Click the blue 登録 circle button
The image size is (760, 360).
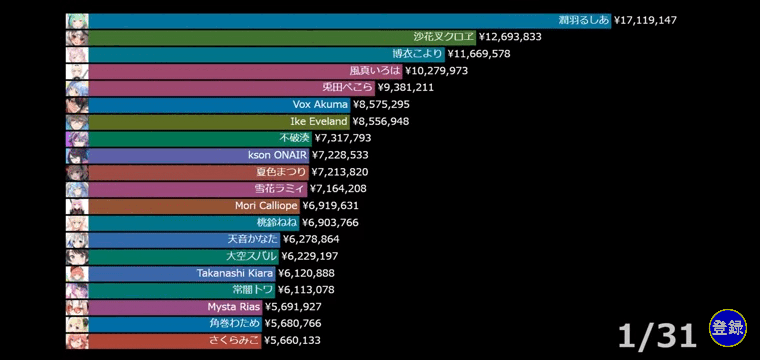tap(728, 328)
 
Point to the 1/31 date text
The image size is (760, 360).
tap(657, 336)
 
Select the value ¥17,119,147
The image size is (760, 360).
tap(645, 20)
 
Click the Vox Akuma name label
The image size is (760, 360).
tap(320, 105)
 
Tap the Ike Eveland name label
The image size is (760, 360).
tap(318, 121)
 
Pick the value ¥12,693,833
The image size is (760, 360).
tap(510, 37)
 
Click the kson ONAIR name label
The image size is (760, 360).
tap(277, 155)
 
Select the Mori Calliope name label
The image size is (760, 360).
tap(266, 206)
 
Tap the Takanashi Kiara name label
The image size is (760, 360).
tap(235, 273)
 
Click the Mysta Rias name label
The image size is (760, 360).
tap(233, 307)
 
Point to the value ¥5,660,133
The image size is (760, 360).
tap(292, 341)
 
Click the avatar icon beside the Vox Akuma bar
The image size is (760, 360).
tap(77, 105)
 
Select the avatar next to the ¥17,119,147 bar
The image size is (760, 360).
tap(77, 21)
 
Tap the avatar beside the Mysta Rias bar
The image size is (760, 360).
tap(77, 308)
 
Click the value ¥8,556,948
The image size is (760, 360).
tap(381, 121)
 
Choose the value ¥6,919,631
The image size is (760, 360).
tap(330, 206)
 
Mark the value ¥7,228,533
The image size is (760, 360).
tap(340, 155)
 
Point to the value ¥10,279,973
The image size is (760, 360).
tap(436, 71)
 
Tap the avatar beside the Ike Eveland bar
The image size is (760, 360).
tap(77, 122)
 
